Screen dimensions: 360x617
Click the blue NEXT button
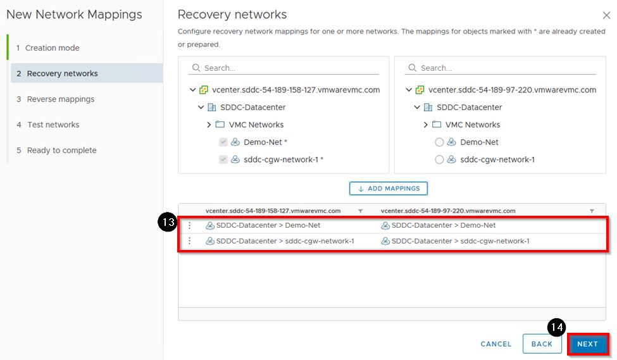point(587,344)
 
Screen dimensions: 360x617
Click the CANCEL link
point(496,344)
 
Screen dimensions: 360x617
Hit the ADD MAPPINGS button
point(389,189)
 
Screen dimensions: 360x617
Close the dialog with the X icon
point(606,15)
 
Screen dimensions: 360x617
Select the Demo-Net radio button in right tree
point(439,142)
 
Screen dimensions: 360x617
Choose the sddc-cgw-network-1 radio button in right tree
point(439,160)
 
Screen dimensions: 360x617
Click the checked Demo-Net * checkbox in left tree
point(223,142)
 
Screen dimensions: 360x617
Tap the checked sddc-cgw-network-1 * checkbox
point(223,160)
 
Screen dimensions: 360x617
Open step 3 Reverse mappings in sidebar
point(61,99)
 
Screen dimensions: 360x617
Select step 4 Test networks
point(53,125)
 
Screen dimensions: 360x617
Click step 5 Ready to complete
point(61,151)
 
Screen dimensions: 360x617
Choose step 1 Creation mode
point(52,48)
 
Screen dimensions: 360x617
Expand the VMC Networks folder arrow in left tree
point(209,125)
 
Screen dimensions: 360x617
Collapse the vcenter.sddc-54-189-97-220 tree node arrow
point(409,90)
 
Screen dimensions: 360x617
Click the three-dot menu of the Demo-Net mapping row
point(189,225)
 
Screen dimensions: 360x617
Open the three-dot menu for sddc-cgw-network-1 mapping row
point(189,241)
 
